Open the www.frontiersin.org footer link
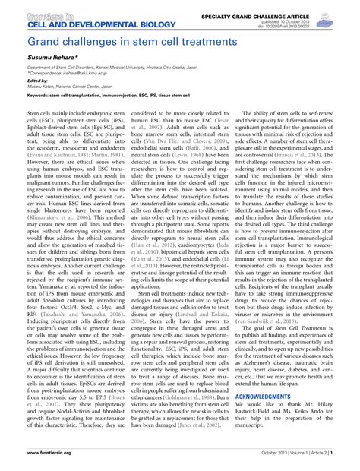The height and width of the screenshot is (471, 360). point(33,452)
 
